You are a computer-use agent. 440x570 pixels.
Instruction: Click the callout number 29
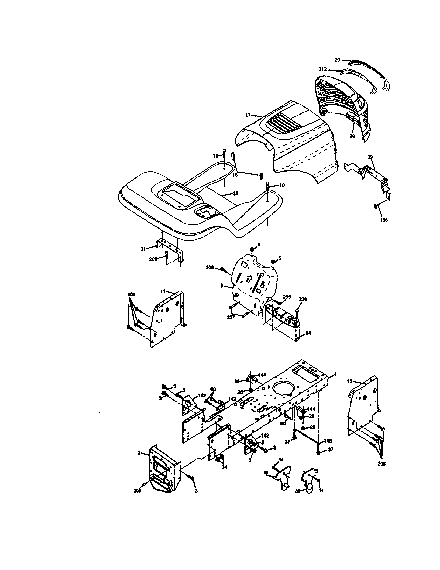pyautogui.click(x=337, y=60)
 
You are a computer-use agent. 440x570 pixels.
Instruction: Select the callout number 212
pyautogui.click(x=323, y=69)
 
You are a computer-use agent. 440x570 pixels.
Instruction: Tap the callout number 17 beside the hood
pyautogui.click(x=248, y=115)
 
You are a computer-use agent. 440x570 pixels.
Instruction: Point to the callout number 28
pyautogui.click(x=352, y=136)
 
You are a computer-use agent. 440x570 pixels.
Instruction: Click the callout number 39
pyautogui.click(x=370, y=157)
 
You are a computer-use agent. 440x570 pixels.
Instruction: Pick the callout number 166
pyautogui.click(x=383, y=220)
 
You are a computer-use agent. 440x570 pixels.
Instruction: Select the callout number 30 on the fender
pyautogui.click(x=235, y=193)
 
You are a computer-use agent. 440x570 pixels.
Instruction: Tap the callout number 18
pyautogui.click(x=235, y=175)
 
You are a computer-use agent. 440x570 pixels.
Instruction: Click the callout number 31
pyautogui.click(x=143, y=249)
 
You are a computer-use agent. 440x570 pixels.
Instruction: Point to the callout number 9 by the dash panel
pyautogui.click(x=222, y=286)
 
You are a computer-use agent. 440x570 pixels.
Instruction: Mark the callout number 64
pyautogui.click(x=308, y=333)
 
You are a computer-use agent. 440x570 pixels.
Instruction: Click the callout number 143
pyautogui.click(x=232, y=399)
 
